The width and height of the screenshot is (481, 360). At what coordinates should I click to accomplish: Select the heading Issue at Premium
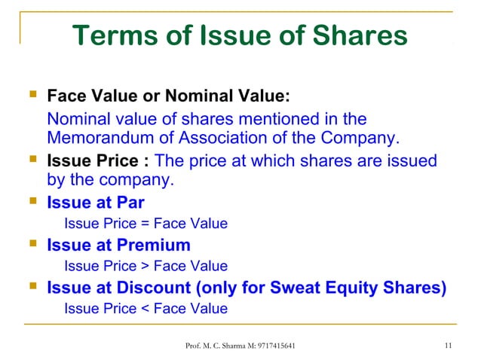pyautogui.click(x=118, y=245)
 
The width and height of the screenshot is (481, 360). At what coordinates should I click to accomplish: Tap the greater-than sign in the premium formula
pyautogui.click(x=146, y=266)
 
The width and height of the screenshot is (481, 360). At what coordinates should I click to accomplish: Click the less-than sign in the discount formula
pyautogui.click(x=146, y=308)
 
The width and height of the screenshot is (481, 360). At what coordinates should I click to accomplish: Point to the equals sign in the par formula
pyautogui.click(x=146, y=224)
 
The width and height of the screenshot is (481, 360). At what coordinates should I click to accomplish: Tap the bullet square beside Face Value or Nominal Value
pyautogui.click(x=30, y=96)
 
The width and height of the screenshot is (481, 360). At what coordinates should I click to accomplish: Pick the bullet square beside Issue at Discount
pyautogui.click(x=30, y=287)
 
